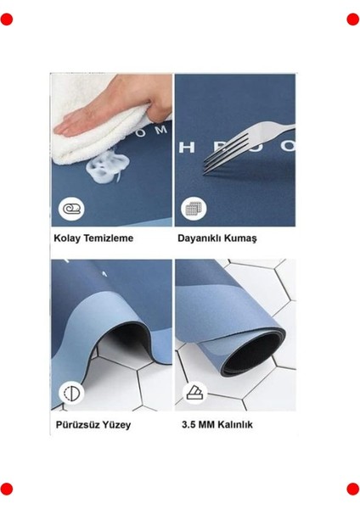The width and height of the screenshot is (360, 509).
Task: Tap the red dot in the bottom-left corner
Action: pos(7,489)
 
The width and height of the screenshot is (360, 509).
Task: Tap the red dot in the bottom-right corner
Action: pos(352,489)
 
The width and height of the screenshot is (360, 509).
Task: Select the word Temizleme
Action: pos(108,238)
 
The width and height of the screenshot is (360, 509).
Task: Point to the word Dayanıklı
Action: pos(200,238)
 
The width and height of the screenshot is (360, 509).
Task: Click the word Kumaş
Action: pos(242,238)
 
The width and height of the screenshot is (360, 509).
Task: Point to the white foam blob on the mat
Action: pos(107,163)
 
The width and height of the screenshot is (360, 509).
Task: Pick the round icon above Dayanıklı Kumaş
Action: pos(192,209)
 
